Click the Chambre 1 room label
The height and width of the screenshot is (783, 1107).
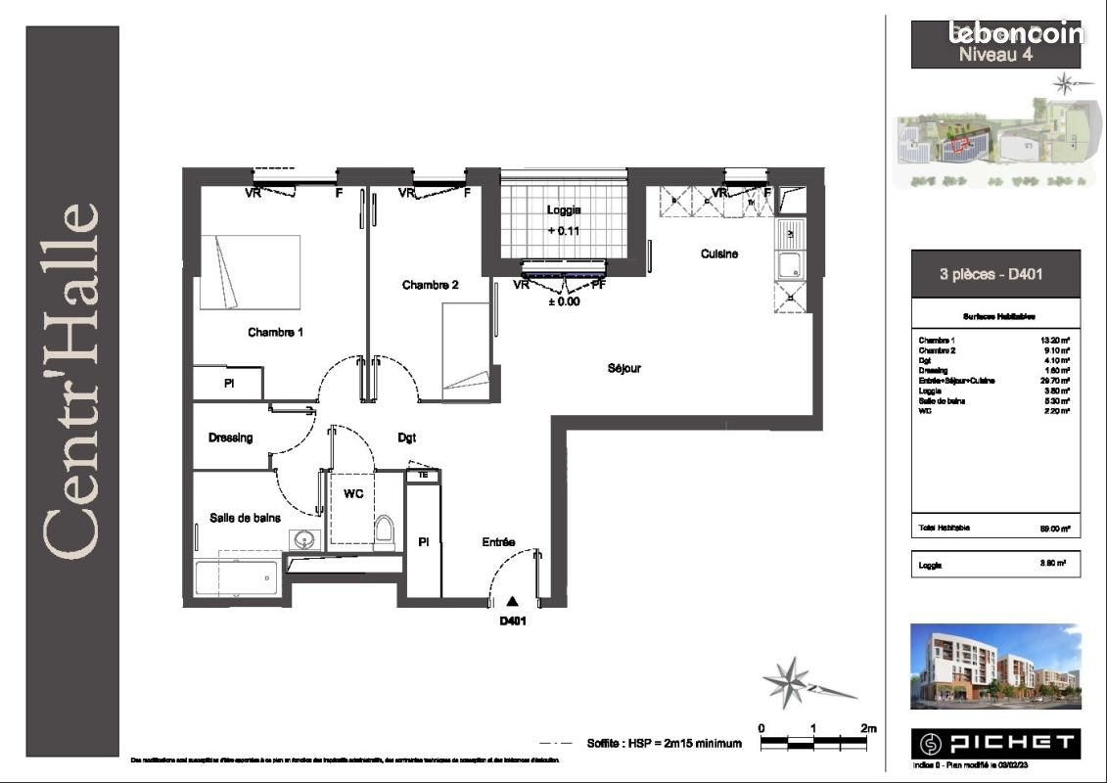(x=275, y=333)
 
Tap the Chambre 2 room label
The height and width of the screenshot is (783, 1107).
(x=430, y=285)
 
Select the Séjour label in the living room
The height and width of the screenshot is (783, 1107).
(x=623, y=368)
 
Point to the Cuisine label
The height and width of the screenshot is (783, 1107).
(x=718, y=253)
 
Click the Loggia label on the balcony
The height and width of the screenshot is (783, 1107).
(x=563, y=209)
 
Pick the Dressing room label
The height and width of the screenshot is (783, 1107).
(x=230, y=438)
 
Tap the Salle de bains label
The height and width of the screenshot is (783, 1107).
(x=245, y=517)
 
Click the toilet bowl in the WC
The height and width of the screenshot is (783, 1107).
(x=384, y=530)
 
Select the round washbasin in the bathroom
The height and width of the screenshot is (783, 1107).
(x=304, y=538)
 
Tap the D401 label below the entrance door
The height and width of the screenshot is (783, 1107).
(x=513, y=621)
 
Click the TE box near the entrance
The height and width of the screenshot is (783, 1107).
(x=423, y=475)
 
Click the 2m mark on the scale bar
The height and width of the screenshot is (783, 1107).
(x=868, y=728)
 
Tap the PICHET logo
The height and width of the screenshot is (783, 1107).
(x=995, y=743)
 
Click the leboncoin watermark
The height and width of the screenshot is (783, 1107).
(x=1016, y=32)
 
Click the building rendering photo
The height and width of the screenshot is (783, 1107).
(x=995, y=666)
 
